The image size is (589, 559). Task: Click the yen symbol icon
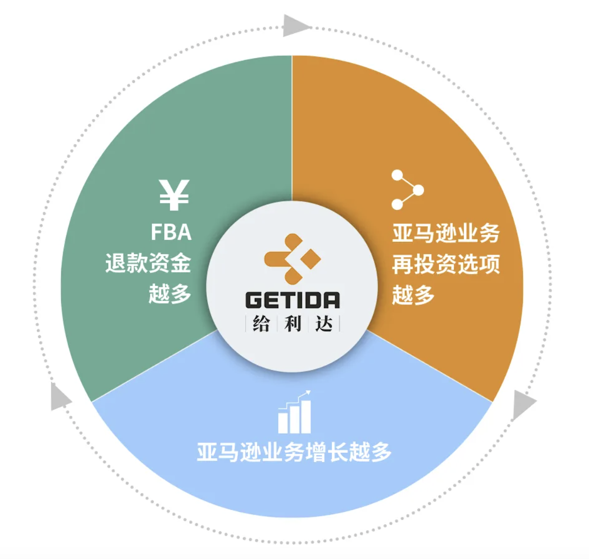[174, 195]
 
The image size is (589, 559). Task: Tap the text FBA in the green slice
[171, 232]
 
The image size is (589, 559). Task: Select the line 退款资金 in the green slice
[148, 263]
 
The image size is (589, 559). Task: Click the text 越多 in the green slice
[170, 294]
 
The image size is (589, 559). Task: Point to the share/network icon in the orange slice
[407, 190]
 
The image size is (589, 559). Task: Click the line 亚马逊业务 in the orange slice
[445, 233]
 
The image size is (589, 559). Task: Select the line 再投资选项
[445, 264]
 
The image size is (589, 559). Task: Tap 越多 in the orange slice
[413, 295]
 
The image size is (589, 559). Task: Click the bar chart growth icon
[294, 413]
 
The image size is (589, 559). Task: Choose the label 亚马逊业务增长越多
[294, 452]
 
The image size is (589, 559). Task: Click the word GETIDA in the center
[293, 300]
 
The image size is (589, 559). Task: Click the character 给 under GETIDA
[261, 324]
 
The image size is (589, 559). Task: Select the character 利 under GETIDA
[293, 324]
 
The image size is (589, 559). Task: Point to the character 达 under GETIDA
[324, 324]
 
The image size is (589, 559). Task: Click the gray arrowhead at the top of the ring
[294, 26]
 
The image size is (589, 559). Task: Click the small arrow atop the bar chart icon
[306, 394]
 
